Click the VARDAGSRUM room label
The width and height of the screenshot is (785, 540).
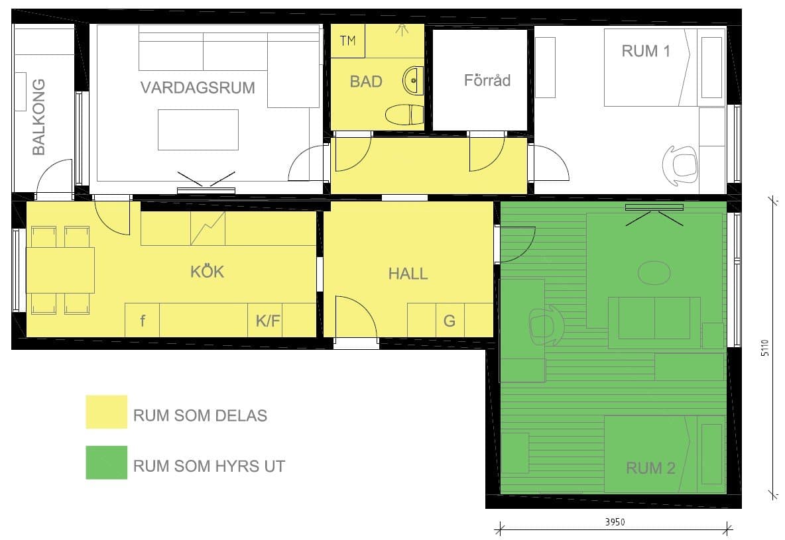(198, 87)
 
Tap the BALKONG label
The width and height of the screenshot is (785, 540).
(38, 117)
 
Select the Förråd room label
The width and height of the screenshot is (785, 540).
(487, 80)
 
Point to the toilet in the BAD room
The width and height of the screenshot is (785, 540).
(404, 115)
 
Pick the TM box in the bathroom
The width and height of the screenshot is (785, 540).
(347, 41)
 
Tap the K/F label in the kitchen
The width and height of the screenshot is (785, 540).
(268, 321)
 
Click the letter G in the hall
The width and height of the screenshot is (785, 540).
(450, 321)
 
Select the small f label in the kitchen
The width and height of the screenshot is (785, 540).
(143, 320)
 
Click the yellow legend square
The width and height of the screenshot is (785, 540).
(107, 412)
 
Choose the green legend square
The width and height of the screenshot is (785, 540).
(107, 462)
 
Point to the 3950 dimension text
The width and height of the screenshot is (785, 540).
(615, 522)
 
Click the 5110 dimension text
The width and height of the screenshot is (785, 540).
(765, 348)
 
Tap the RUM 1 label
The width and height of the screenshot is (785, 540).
(646, 51)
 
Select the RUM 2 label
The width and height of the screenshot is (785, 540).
(651, 468)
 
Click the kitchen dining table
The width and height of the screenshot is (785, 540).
(60, 270)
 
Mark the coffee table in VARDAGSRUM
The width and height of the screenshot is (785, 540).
(198, 130)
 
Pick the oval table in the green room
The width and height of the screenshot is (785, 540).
(654, 273)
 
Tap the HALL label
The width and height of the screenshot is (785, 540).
(408, 274)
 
